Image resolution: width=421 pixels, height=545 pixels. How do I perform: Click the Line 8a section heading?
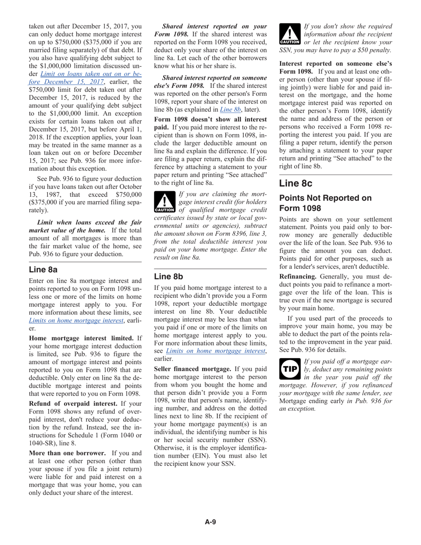[43, 269]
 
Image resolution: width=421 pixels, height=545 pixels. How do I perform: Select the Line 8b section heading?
[168, 276]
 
